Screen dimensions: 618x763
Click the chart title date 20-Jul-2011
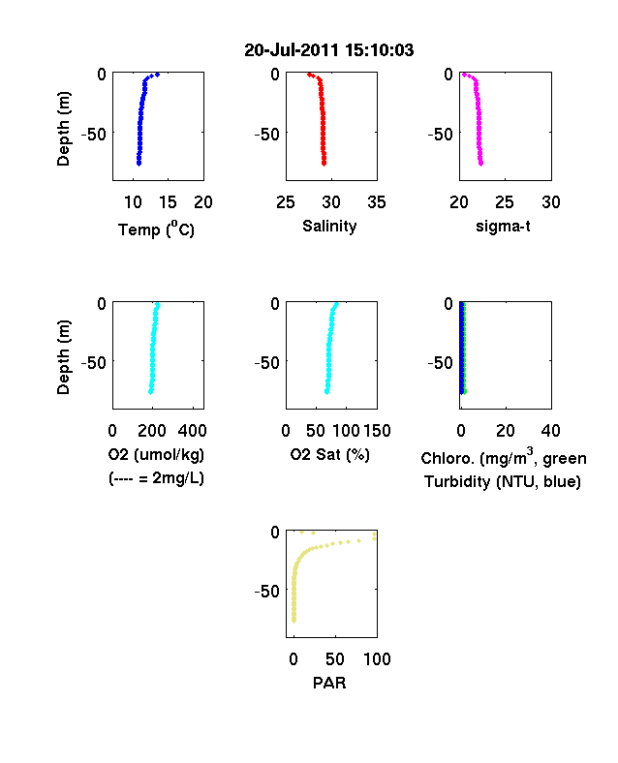(x=291, y=50)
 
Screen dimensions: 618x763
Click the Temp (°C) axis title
(x=156, y=229)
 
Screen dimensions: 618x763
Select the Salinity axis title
(x=329, y=226)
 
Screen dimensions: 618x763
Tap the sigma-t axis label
(x=503, y=227)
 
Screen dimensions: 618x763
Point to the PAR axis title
(x=329, y=683)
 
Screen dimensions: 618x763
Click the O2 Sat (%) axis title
(x=330, y=455)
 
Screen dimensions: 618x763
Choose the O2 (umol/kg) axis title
(x=156, y=455)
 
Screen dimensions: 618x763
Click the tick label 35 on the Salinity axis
(x=377, y=202)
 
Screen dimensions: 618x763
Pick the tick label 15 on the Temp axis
(x=168, y=202)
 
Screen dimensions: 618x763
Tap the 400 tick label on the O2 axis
(x=192, y=431)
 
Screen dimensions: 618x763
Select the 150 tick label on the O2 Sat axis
(x=377, y=431)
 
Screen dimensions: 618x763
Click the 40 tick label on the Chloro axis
(x=550, y=431)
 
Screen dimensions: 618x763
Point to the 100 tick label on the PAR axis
(x=377, y=659)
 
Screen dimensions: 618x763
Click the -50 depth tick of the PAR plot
(x=267, y=592)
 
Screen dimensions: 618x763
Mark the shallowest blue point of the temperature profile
(x=157, y=75)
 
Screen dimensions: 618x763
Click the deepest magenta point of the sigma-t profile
(x=480, y=164)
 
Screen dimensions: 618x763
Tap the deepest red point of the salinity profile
(x=324, y=164)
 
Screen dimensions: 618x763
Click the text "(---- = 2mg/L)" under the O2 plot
(x=156, y=478)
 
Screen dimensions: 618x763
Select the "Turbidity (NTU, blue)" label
(x=503, y=482)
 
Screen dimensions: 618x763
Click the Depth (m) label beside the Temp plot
(x=63, y=129)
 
